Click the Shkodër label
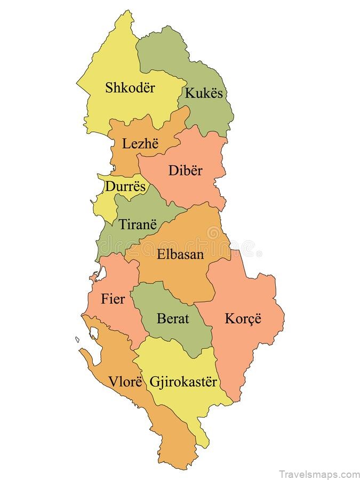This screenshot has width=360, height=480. (x=130, y=87)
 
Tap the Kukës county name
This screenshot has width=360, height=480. (x=203, y=93)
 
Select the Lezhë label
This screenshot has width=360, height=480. (x=140, y=143)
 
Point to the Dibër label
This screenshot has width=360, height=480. (x=186, y=171)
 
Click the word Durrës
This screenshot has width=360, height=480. (x=125, y=187)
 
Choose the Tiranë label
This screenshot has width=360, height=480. (x=138, y=225)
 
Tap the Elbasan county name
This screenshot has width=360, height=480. (x=180, y=254)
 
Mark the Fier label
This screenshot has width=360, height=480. (x=113, y=299)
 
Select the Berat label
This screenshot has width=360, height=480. (x=173, y=319)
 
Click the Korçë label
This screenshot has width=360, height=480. (x=243, y=319)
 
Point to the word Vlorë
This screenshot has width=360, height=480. (x=126, y=382)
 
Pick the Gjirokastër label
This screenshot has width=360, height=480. (x=183, y=382)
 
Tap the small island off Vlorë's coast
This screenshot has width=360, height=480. (x=77, y=339)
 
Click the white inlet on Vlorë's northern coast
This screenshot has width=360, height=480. (x=94, y=333)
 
